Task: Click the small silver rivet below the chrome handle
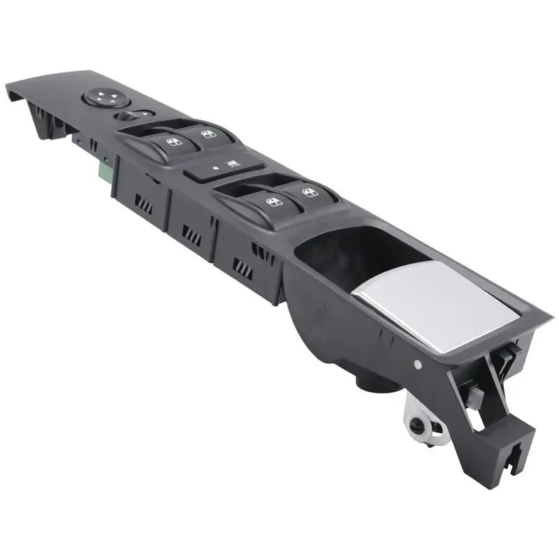click(x=417, y=363)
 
